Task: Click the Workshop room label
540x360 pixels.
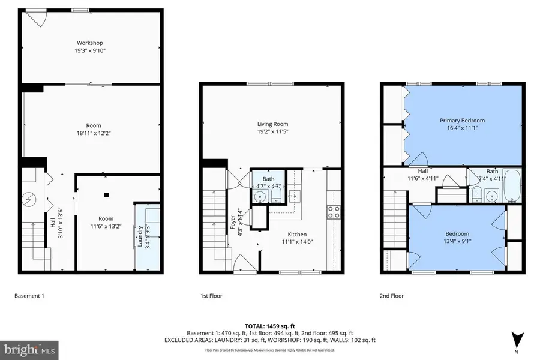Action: [x=90, y=43]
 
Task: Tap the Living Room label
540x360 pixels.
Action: [x=272, y=124]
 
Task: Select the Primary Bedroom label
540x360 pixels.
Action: [x=461, y=121]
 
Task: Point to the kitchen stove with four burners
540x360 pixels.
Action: [x=334, y=211]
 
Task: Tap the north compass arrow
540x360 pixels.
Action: [x=517, y=340]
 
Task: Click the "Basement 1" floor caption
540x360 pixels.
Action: [x=29, y=296]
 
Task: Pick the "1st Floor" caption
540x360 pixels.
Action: [x=212, y=296]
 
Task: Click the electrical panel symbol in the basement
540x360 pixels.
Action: [x=28, y=199]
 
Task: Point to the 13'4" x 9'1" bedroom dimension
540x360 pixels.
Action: [x=457, y=242]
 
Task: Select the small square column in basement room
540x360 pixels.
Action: [x=106, y=194]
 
